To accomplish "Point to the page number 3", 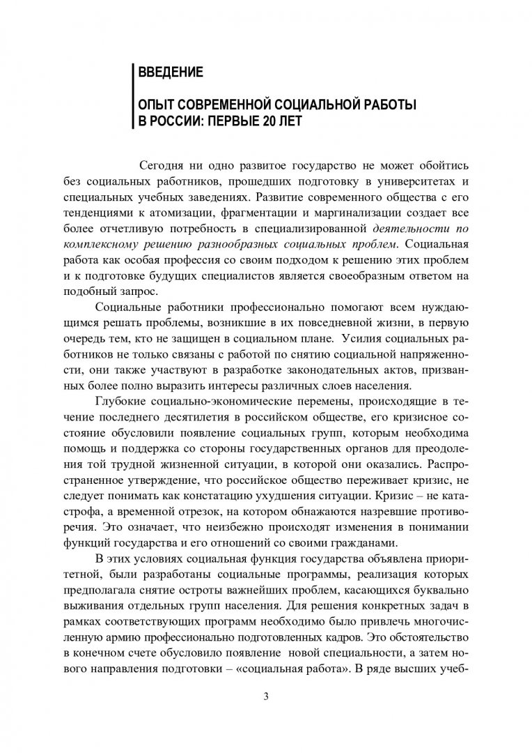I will coord(265,700).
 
